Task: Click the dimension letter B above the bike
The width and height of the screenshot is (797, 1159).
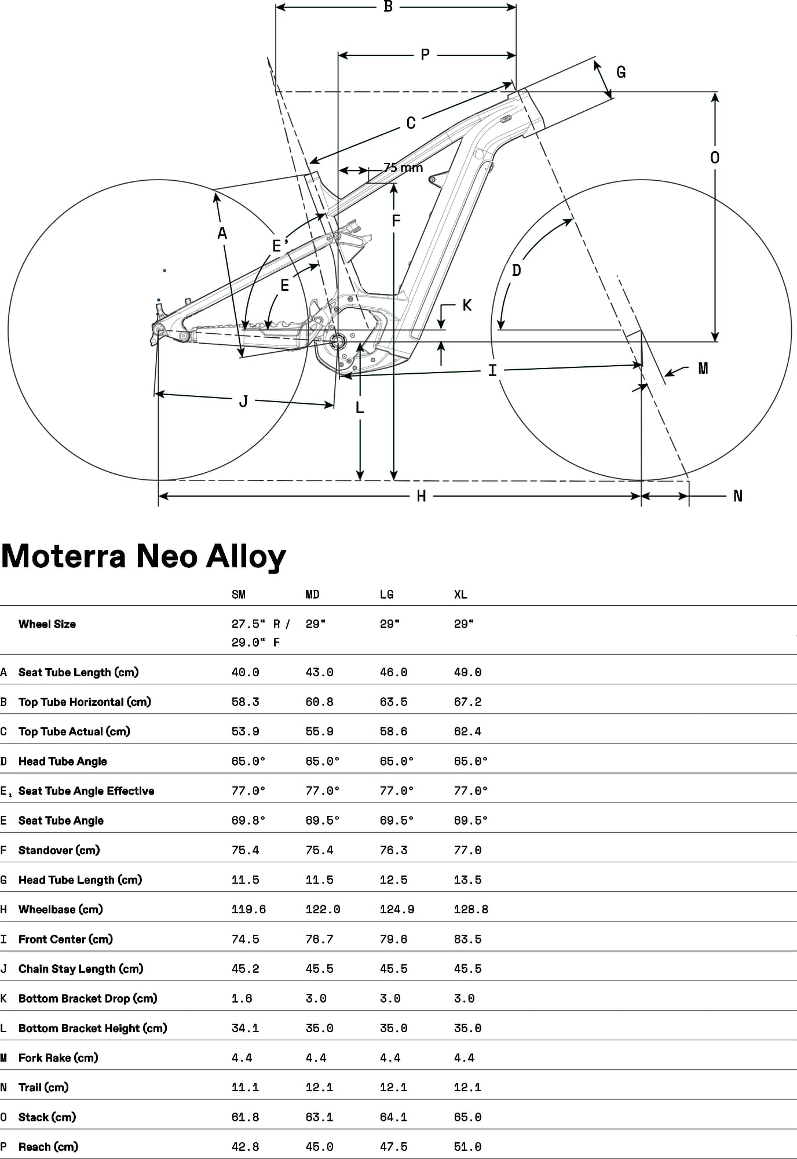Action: (x=388, y=7)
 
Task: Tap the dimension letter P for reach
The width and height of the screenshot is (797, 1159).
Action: (x=425, y=55)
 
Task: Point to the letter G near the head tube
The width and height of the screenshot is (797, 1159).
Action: (x=621, y=72)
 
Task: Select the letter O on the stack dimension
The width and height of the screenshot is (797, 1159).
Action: (x=715, y=158)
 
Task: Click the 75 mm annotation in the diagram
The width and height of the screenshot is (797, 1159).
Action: (x=403, y=168)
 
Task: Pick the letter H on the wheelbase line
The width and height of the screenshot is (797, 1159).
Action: (x=421, y=496)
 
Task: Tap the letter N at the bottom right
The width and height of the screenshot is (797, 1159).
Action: (x=738, y=496)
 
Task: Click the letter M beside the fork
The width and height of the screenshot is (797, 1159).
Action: (x=703, y=369)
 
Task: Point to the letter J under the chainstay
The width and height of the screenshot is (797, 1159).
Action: (x=243, y=401)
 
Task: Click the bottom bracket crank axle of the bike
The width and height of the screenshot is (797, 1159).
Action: (x=338, y=342)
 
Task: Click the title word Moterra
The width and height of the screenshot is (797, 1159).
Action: (x=64, y=556)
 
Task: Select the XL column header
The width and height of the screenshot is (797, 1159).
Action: (x=460, y=595)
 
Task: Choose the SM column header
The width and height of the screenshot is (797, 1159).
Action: (x=239, y=595)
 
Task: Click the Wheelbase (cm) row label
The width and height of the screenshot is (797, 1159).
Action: (x=60, y=909)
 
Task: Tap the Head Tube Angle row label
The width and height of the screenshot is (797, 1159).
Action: (x=63, y=761)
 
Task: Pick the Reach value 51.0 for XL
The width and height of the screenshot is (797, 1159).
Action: (x=467, y=1147)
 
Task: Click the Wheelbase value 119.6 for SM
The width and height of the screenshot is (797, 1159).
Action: (x=248, y=909)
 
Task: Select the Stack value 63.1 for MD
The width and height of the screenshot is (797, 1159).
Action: (x=319, y=1117)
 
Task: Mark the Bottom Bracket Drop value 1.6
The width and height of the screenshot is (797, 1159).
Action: (x=242, y=998)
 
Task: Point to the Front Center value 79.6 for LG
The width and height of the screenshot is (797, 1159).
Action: (x=393, y=939)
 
